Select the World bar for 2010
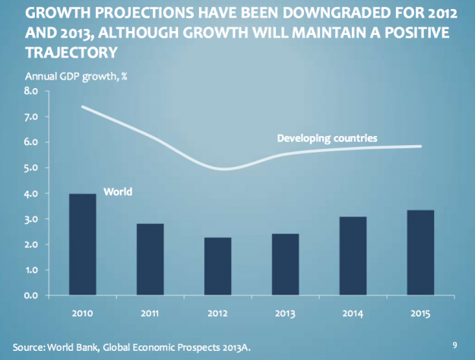pos(82,245)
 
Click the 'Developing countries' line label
pos(327,138)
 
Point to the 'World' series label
pos(118,192)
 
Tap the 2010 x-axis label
pos(82,312)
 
